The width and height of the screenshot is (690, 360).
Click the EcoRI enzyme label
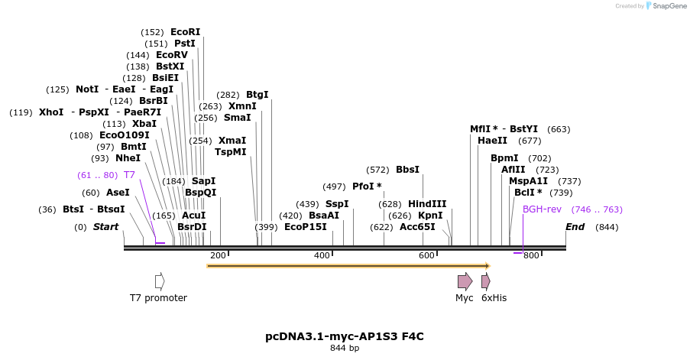click(x=186, y=32)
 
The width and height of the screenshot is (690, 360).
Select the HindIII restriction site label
click(x=427, y=204)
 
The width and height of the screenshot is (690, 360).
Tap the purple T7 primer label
click(x=129, y=175)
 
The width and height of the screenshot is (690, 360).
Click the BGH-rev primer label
click(x=542, y=209)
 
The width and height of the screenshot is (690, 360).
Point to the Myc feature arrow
click(x=465, y=281)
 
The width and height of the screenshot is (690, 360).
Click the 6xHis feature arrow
click(x=485, y=281)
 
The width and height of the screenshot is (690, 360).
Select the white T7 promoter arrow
click(x=159, y=281)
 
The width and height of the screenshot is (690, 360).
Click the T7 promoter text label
click(x=158, y=298)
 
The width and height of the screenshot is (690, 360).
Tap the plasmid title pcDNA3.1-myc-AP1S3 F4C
click(x=345, y=336)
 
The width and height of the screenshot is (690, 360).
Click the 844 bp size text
click(x=345, y=349)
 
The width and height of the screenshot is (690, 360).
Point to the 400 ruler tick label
click(x=322, y=255)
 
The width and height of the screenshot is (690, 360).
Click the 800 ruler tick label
click(x=531, y=255)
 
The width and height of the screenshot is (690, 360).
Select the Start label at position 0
click(x=105, y=227)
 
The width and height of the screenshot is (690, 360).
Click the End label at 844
click(x=575, y=227)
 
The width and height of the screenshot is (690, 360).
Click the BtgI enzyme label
click(x=257, y=95)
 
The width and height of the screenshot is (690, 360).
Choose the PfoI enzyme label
click(x=367, y=186)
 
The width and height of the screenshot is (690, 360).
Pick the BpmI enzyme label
click(x=504, y=158)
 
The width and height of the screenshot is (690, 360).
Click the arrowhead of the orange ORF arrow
click(x=486, y=266)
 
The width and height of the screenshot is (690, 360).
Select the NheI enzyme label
click(x=128, y=158)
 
